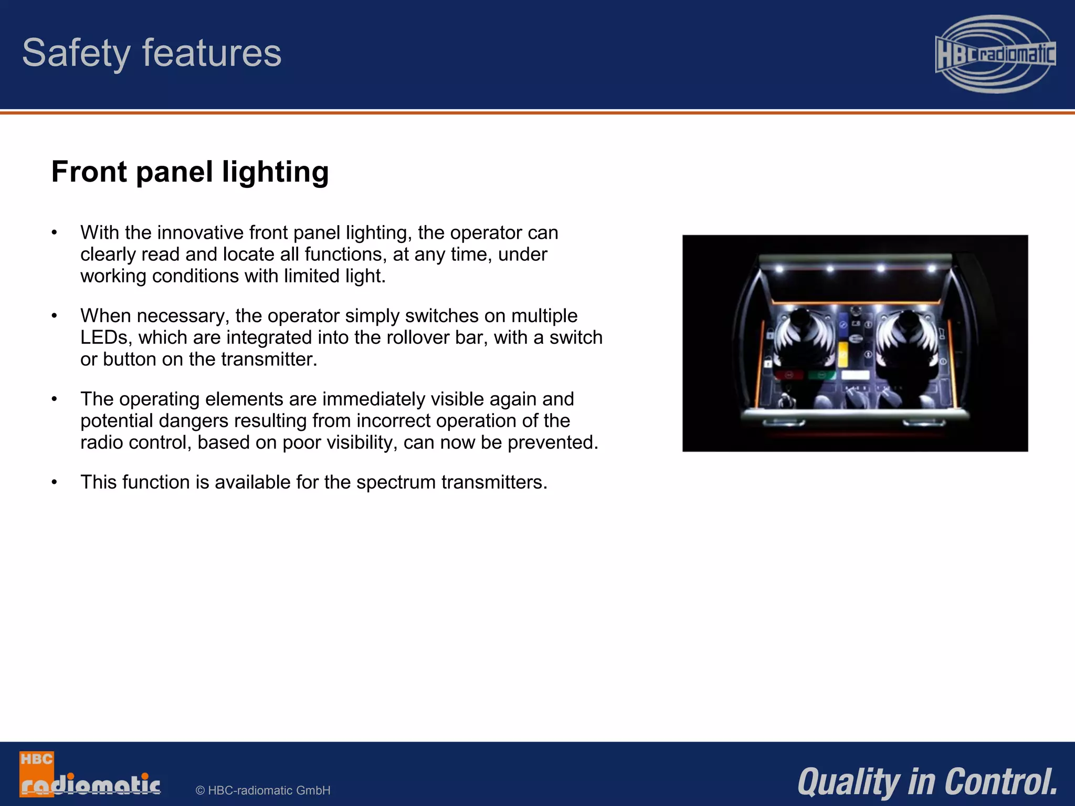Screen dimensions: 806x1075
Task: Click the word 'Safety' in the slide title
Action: click(x=76, y=54)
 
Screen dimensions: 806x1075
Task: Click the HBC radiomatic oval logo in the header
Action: click(x=995, y=54)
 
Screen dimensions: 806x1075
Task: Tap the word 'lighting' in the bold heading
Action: click(x=275, y=172)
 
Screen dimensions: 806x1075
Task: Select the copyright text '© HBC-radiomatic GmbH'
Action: click(x=263, y=790)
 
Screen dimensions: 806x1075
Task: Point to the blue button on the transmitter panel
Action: click(x=843, y=320)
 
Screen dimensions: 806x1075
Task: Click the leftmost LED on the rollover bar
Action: click(x=779, y=269)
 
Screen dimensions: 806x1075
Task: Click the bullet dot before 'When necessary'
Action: click(x=54, y=316)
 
